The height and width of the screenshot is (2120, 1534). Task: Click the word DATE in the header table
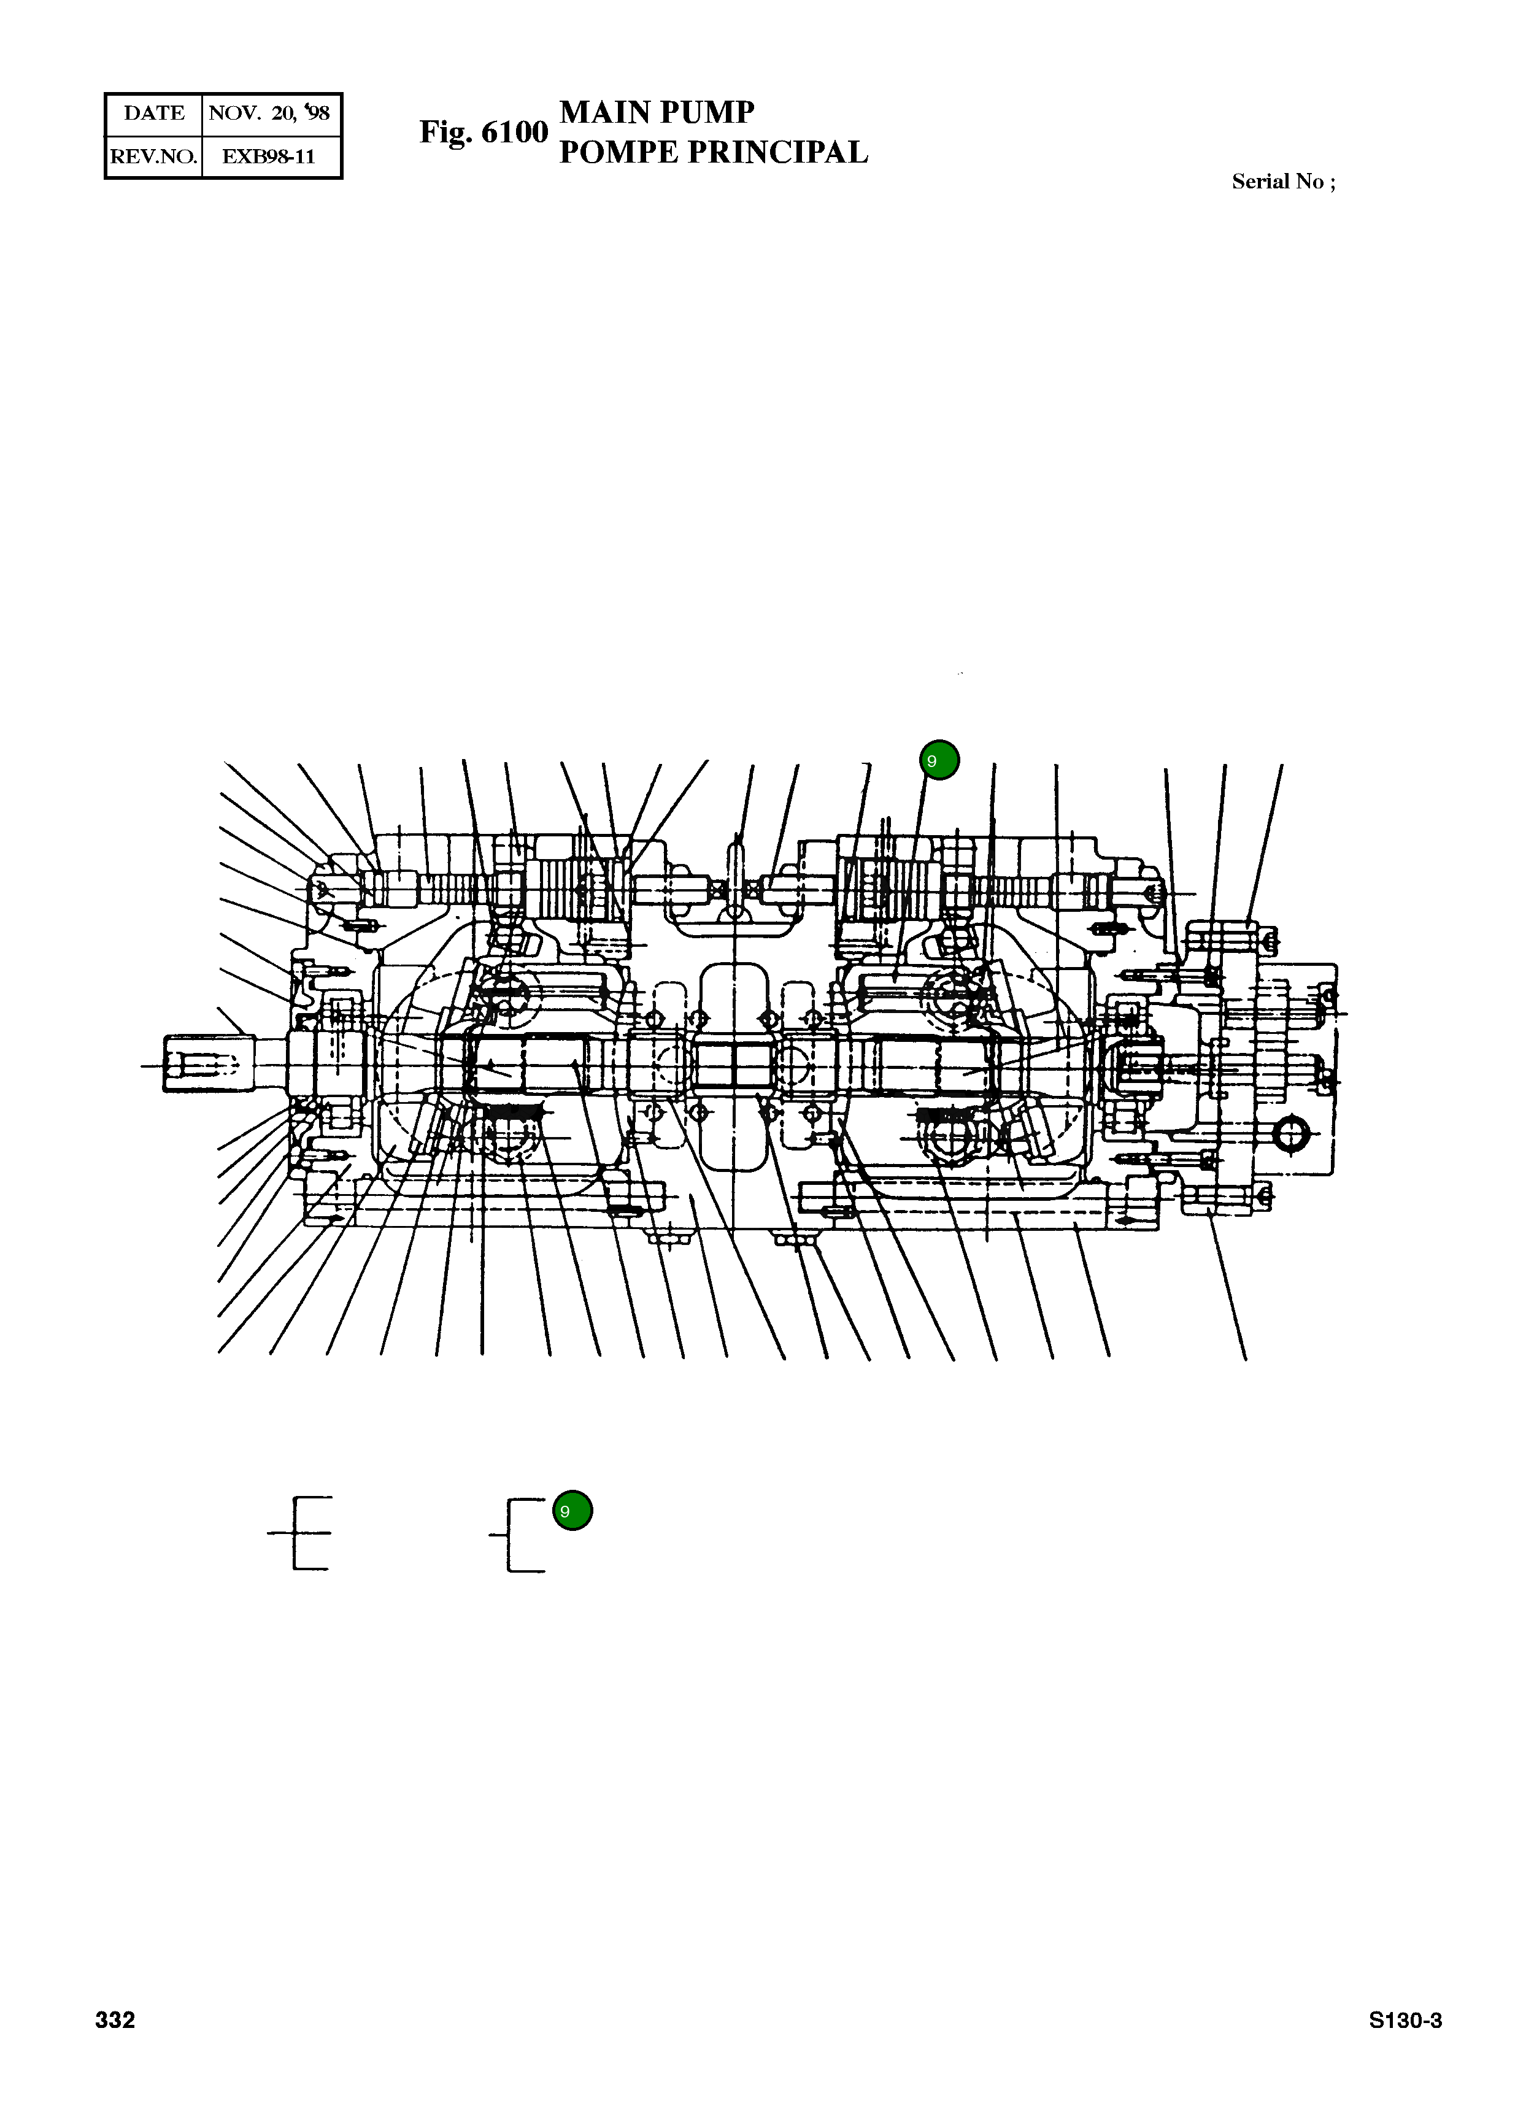click(x=154, y=113)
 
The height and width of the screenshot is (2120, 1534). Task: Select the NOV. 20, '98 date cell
click(x=269, y=113)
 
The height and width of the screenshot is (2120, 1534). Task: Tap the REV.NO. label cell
click(x=154, y=156)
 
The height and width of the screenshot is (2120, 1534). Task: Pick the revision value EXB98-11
click(x=269, y=156)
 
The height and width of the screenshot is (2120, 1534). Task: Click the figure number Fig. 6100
click(x=484, y=132)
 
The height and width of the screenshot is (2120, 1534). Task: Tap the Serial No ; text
click(x=1282, y=182)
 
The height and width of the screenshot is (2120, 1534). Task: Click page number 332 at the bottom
click(x=115, y=2020)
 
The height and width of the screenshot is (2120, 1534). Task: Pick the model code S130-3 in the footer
click(x=1405, y=2020)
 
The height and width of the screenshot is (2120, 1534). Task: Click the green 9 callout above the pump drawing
click(x=939, y=760)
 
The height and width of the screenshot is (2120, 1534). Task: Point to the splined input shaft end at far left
click(x=201, y=1064)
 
